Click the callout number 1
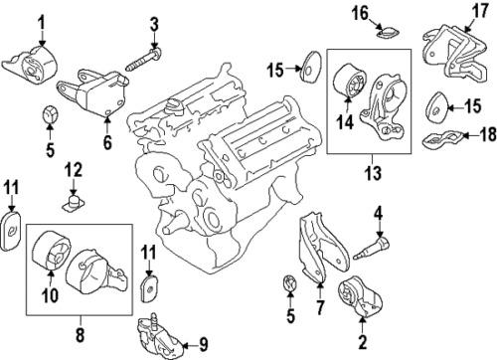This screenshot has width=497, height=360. click(42, 21)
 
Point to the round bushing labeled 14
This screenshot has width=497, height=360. click(350, 83)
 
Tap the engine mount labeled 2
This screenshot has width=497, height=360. click(355, 300)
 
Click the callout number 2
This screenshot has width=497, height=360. click(363, 342)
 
